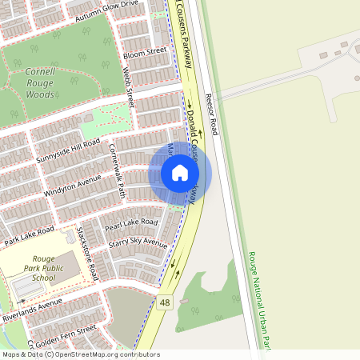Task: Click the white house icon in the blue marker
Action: click(x=180, y=173)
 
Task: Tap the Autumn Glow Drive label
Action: click(x=106, y=10)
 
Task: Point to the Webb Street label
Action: click(x=128, y=87)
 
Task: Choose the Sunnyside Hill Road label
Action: click(x=67, y=150)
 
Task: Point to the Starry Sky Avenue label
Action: click(x=137, y=242)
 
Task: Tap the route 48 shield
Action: click(x=165, y=302)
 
